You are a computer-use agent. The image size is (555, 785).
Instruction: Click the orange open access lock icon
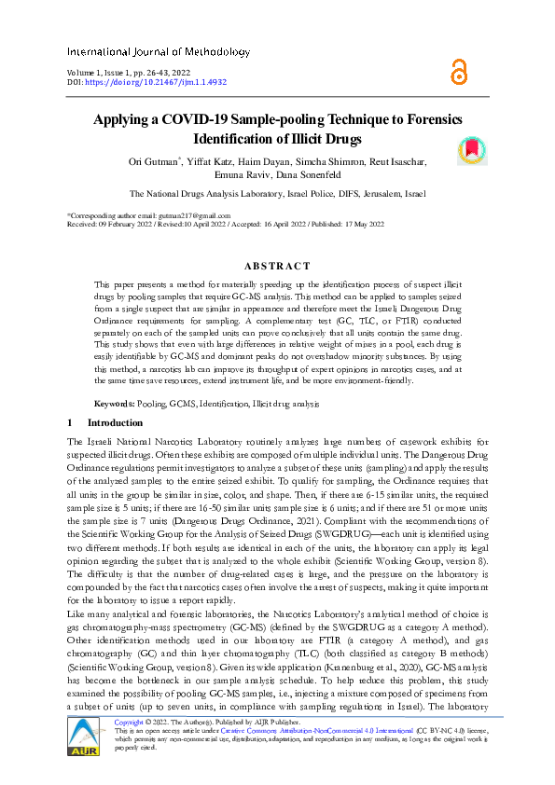(458, 72)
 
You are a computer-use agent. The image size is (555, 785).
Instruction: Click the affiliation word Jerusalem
(376, 194)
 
